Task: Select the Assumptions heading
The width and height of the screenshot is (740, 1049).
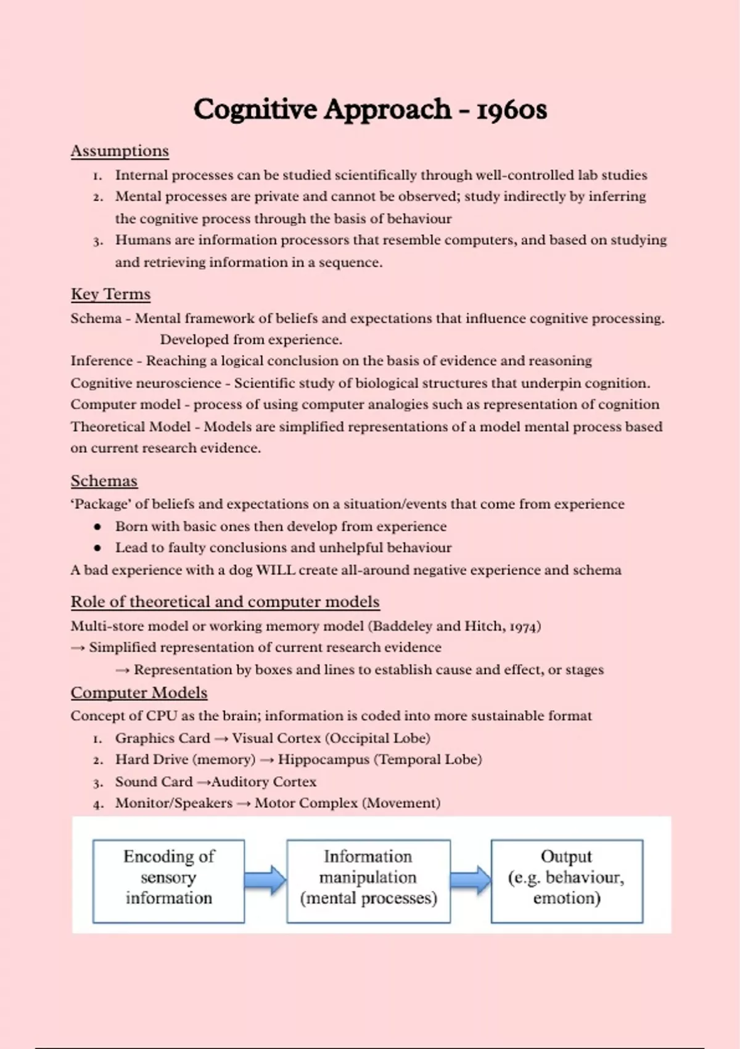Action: coord(120,151)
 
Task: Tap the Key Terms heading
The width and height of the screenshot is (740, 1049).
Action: coord(110,294)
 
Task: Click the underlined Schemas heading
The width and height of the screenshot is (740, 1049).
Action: coord(104,481)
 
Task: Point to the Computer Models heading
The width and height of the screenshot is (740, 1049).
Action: coord(139,693)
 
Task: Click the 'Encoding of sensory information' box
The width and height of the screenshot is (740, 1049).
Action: coord(168,881)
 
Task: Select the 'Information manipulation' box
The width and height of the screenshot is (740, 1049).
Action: coord(368,881)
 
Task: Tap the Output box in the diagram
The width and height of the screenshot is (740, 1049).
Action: coord(567,881)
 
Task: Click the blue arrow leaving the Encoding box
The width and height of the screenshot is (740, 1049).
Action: coord(265,880)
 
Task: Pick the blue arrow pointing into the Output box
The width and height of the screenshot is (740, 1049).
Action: coord(471,880)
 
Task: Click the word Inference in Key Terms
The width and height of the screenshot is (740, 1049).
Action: coord(101,361)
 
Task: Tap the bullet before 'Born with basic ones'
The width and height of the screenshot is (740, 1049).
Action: coord(97,527)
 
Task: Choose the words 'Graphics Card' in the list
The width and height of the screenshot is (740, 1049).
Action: coord(162,739)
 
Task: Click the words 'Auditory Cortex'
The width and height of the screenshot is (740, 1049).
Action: coord(264,782)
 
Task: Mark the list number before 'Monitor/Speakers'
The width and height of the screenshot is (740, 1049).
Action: coord(97,804)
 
